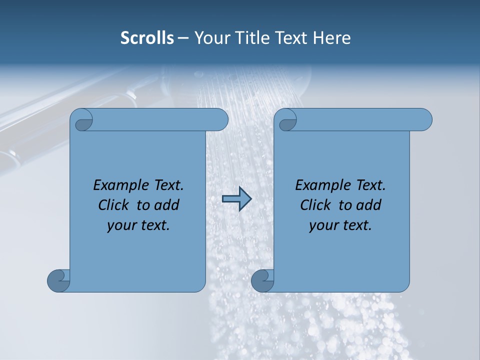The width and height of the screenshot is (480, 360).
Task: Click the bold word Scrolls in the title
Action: click(x=147, y=38)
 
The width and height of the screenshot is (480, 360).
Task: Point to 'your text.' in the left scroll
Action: click(x=138, y=225)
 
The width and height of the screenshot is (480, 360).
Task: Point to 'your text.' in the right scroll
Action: click(x=340, y=225)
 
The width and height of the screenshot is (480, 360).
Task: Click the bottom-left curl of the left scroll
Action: click(x=58, y=280)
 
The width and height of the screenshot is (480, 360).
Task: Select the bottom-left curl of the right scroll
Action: click(x=262, y=280)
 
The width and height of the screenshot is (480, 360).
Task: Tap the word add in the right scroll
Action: click(x=369, y=205)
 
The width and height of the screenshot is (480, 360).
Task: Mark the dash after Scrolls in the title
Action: click(x=183, y=38)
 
